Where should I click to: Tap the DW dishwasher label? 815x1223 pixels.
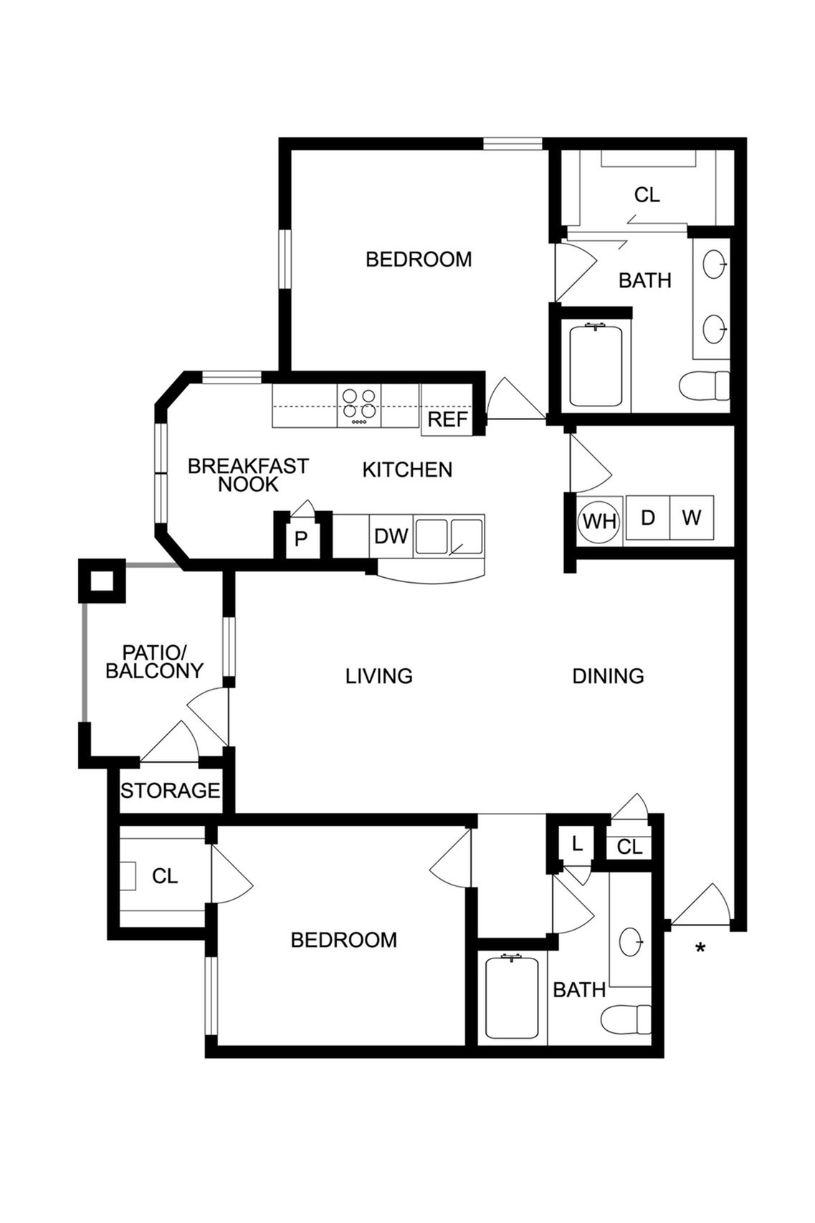coord(391,536)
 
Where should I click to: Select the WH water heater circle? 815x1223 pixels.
coord(599,520)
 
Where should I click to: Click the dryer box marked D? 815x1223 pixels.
coord(647,518)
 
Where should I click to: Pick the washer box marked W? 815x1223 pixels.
coord(692,518)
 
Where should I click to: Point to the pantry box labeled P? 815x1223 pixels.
coord(301,539)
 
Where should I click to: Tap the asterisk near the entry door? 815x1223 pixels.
coord(700,948)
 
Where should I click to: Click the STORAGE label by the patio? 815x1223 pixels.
coord(171,791)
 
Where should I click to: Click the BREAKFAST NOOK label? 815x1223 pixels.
coord(249,475)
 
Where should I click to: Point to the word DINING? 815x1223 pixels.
coord(608,676)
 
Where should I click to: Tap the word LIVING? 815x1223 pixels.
coord(379,676)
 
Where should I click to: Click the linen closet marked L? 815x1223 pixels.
coord(576,844)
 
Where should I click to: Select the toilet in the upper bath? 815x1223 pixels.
coord(704,386)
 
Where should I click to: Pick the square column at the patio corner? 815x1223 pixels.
coord(102,581)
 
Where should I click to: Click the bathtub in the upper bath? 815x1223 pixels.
coord(596,366)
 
